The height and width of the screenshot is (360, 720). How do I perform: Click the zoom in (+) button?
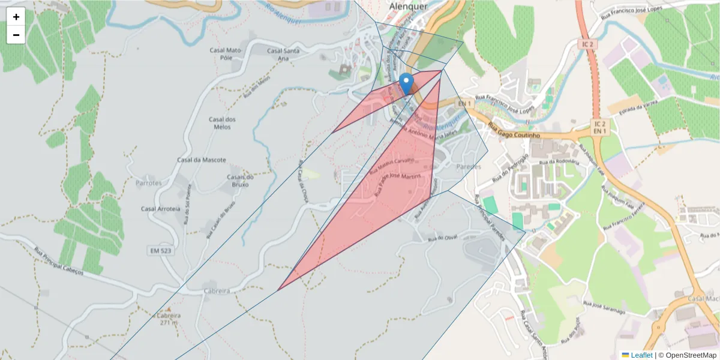[16, 17]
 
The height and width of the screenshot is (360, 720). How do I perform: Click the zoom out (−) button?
[16, 35]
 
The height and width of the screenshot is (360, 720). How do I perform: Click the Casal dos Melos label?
[222, 123]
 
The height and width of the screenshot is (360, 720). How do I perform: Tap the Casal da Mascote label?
[202, 160]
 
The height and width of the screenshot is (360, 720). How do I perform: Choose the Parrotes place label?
[149, 182]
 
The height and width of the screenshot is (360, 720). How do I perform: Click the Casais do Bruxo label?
[241, 181]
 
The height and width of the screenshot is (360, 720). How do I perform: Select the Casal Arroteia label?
[160, 209]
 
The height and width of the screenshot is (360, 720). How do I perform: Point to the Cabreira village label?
[217, 291]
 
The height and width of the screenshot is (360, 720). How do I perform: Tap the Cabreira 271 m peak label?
[168, 319]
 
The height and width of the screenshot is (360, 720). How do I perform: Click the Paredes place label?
[469, 166]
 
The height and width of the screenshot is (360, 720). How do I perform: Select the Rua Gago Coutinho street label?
[514, 131]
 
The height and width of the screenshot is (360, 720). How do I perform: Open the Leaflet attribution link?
[641, 355]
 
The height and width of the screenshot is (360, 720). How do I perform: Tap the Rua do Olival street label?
[443, 238]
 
